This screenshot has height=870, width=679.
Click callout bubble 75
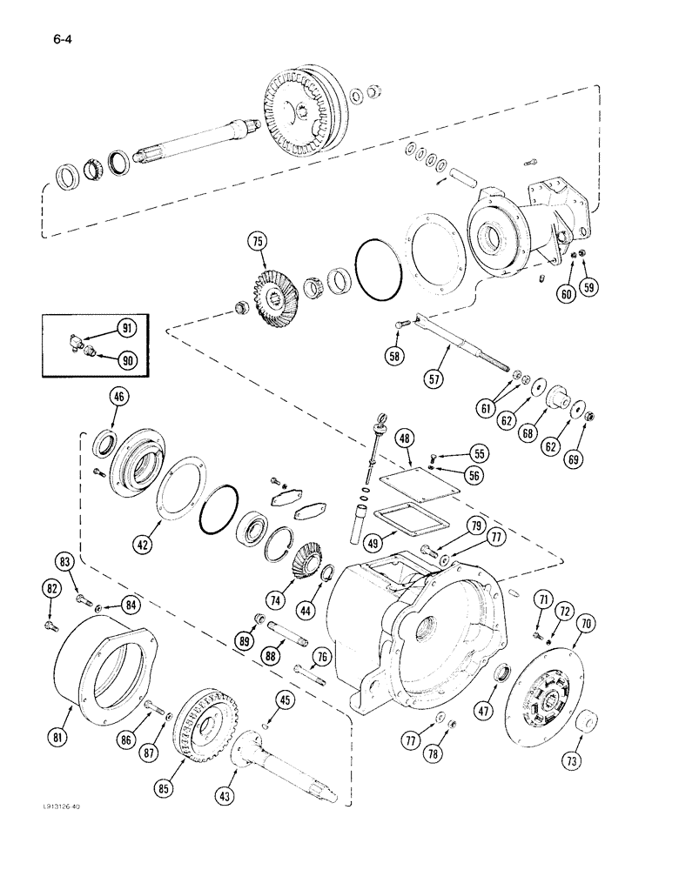tap(260, 243)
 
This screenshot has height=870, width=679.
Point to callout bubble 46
tap(118, 398)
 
